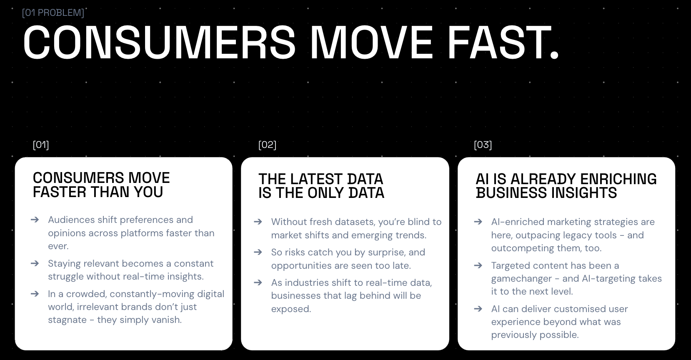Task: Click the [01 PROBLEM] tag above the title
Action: coord(53,12)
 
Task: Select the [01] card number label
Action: coord(41,145)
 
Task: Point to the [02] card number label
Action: coord(267,145)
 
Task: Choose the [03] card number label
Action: coord(483,145)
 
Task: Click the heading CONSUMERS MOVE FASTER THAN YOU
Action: coord(101,185)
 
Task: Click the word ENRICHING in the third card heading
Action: coord(618,179)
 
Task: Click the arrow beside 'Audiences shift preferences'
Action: coord(35,220)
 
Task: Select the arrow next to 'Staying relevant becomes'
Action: coord(35,263)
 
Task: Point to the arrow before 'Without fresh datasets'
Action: coord(258,222)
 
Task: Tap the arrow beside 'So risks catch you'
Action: coord(258,252)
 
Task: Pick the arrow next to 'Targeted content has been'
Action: coord(478,265)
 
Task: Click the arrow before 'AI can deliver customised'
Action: coord(478,309)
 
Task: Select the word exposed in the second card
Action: coord(291,309)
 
